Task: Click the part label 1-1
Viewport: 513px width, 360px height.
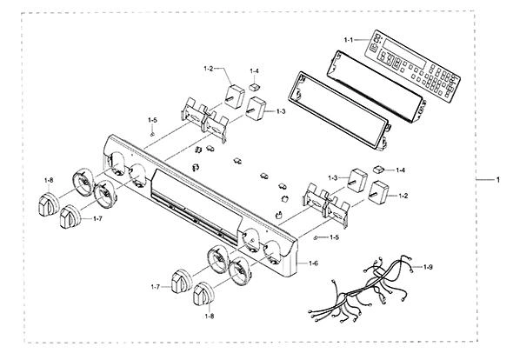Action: tap(349, 40)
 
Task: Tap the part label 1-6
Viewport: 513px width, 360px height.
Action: tap(313, 263)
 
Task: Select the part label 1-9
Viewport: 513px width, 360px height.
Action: tap(428, 267)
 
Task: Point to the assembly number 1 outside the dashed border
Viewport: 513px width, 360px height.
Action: tap(498, 180)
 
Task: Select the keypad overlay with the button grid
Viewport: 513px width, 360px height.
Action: tap(412, 64)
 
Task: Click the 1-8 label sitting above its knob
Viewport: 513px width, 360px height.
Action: tap(49, 180)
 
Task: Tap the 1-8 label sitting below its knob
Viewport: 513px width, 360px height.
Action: tap(210, 317)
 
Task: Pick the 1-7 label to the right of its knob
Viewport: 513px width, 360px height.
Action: tap(98, 218)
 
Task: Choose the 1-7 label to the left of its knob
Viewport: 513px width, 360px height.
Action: tap(156, 287)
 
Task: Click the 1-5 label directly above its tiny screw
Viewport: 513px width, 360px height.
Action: tap(152, 120)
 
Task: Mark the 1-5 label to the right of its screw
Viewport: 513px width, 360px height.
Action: tap(335, 237)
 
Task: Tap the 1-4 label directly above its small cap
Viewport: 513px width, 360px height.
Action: tap(254, 70)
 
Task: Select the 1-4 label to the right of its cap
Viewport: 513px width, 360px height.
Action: tap(401, 170)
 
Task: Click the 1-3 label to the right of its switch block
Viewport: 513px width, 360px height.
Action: tap(281, 111)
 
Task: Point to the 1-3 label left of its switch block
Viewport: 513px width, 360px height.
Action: tap(333, 178)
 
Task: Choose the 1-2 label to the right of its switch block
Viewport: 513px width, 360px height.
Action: tap(403, 196)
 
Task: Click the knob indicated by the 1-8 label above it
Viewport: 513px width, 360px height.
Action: tap(49, 204)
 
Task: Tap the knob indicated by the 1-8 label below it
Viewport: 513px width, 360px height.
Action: tap(203, 294)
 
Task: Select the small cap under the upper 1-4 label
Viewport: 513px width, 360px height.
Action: tap(254, 87)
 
